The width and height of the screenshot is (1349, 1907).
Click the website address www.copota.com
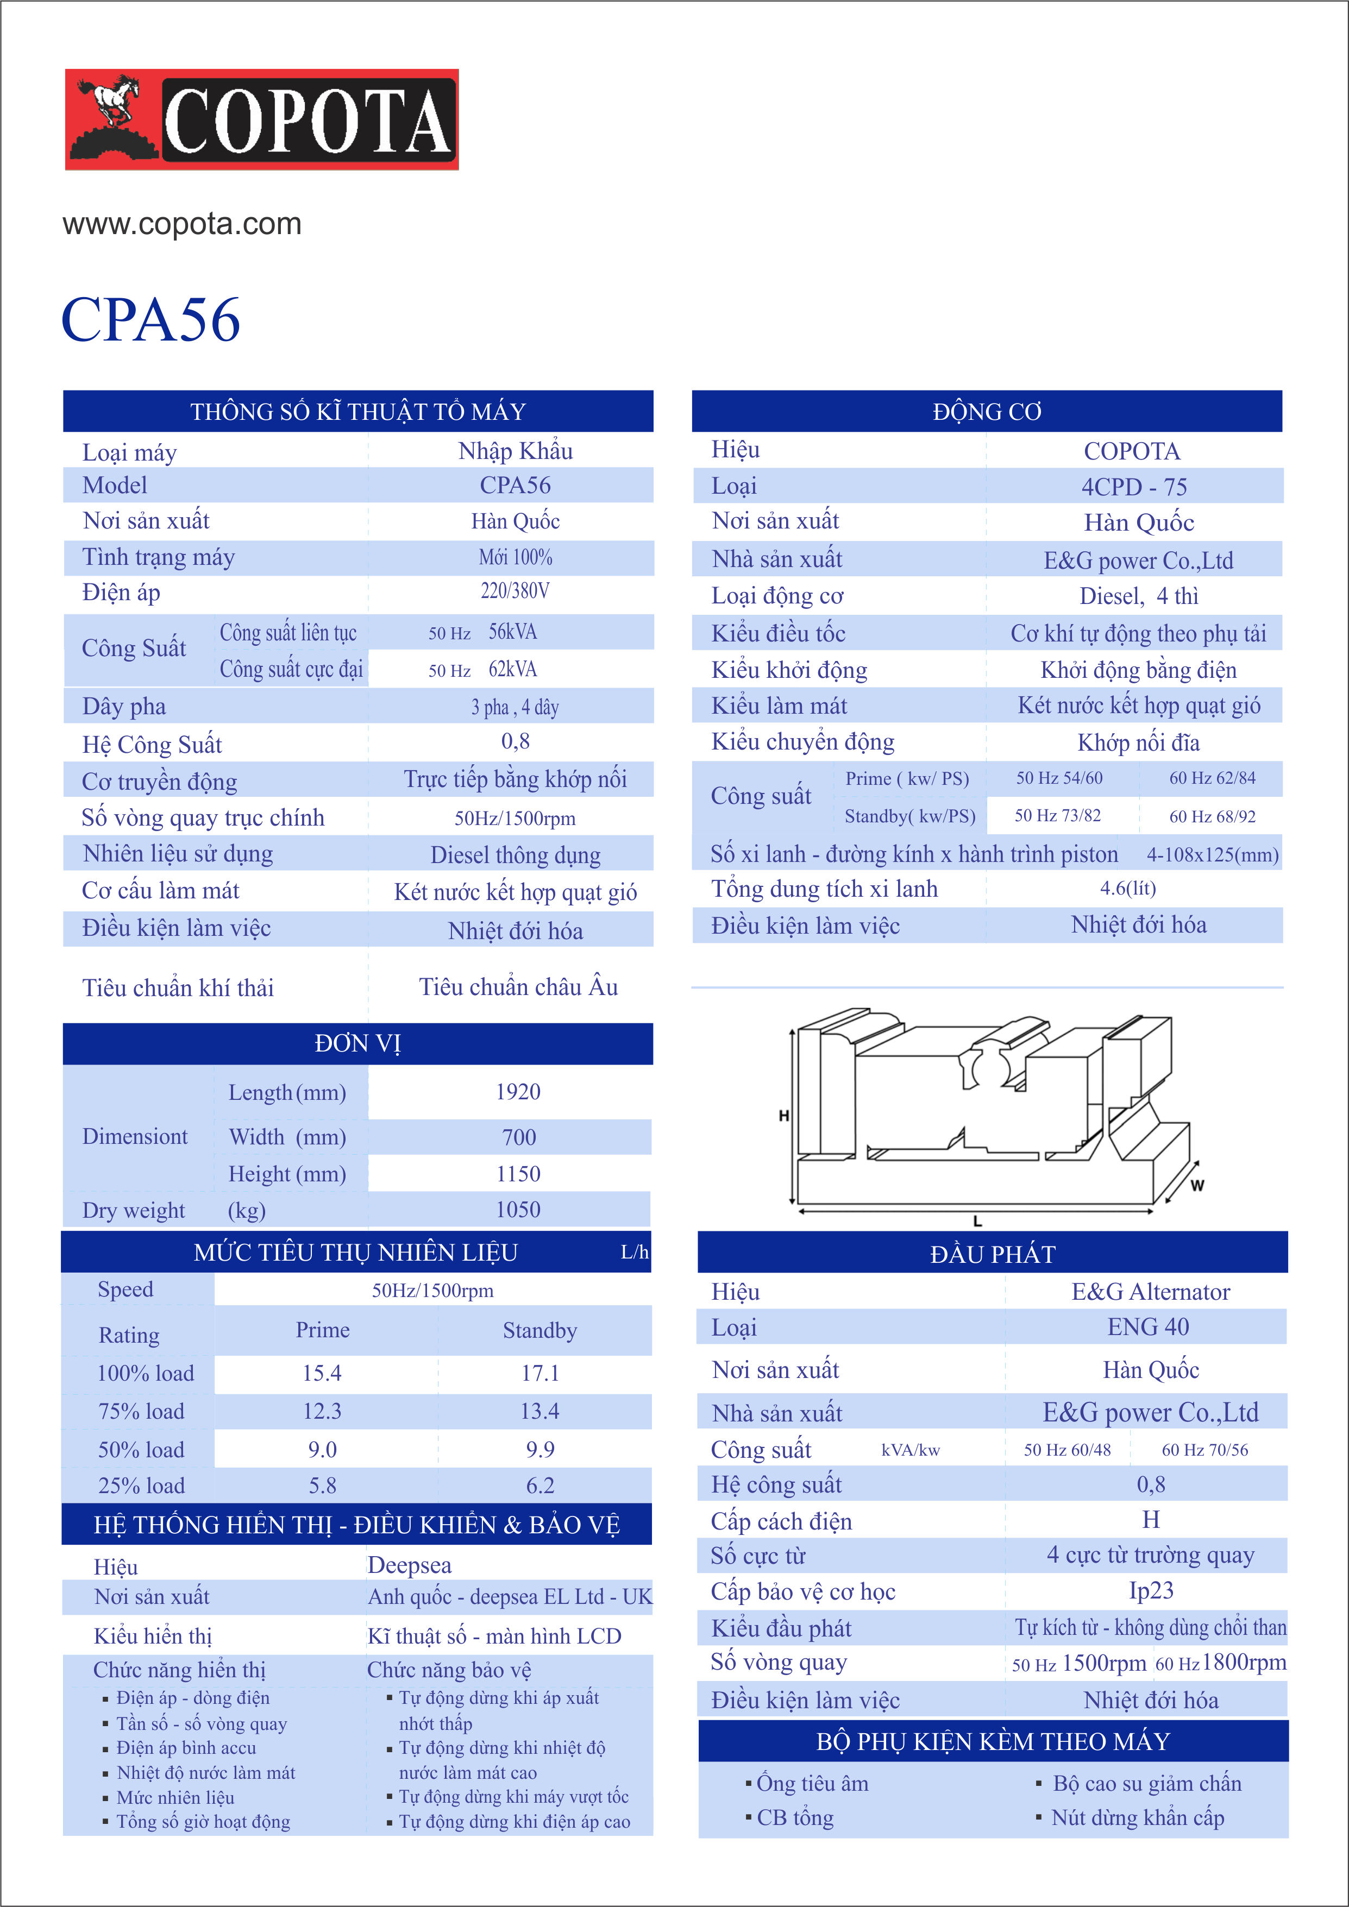pos(182,224)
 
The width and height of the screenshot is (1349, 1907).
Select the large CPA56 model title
pos(151,320)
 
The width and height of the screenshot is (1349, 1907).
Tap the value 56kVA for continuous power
pos(512,632)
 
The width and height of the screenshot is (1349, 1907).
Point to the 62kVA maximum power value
pos(512,670)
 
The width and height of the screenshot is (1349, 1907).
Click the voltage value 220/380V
pos(515,591)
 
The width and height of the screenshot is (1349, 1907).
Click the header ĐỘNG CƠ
pos(987,412)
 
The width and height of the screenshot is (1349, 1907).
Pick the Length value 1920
pos(518,1092)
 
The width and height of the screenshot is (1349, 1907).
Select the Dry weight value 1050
pos(518,1210)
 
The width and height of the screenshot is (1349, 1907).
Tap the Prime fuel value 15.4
pos(322,1374)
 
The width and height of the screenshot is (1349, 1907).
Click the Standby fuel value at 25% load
pos(540,1486)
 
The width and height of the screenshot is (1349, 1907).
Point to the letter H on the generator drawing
pos(783,1116)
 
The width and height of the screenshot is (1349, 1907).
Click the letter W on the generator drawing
pos(1197,1185)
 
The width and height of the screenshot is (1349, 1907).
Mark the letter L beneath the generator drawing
pos(978,1222)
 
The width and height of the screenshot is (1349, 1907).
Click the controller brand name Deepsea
pos(410,1566)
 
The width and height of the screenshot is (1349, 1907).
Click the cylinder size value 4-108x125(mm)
pos(1213,855)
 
